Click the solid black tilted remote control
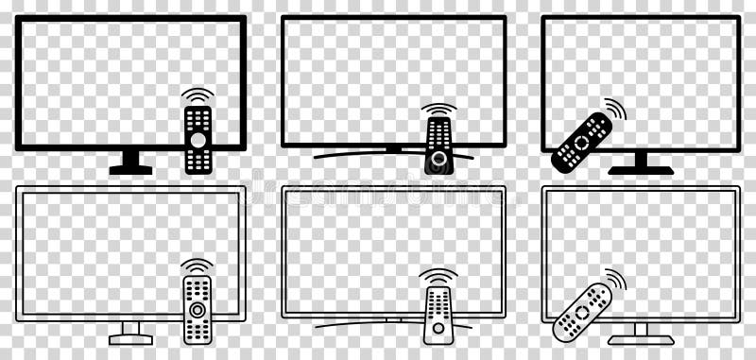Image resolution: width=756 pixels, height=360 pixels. (x=582, y=142)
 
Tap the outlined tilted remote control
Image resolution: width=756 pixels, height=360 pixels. (x=582, y=312)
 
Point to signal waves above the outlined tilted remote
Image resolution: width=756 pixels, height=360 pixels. (x=616, y=281)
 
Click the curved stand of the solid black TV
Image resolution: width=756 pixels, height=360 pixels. (x=359, y=153)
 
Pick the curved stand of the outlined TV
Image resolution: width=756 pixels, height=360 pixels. (x=359, y=324)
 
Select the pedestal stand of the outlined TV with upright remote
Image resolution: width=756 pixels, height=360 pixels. (x=130, y=333)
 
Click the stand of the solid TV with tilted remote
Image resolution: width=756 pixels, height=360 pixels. (x=641, y=164)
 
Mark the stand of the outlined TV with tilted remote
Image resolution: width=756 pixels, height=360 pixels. (x=641, y=334)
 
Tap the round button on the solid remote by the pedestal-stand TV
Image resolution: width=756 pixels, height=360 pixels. (x=198, y=140)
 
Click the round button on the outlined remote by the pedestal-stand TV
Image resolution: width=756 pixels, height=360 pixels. (x=198, y=310)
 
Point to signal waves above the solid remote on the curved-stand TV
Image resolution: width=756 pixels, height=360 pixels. (x=438, y=110)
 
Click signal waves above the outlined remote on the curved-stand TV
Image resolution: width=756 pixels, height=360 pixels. (x=438, y=277)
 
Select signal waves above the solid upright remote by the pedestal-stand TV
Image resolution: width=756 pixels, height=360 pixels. (x=198, y=95)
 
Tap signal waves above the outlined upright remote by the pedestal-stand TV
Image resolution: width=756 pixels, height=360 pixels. (x=198, y=266)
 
